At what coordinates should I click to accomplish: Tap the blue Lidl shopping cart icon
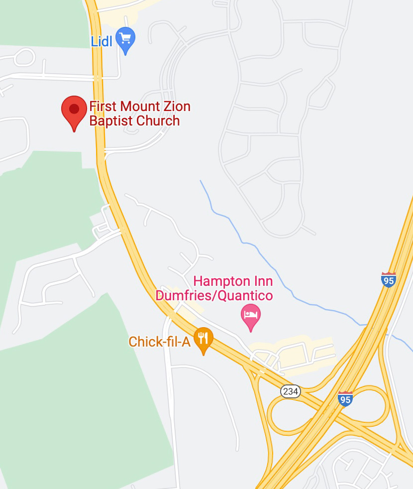click(125, 39)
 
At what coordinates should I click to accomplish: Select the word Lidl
click(102, 41)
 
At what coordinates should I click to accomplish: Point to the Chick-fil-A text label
click(159, 342)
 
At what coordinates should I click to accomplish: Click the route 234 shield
click(291, 391)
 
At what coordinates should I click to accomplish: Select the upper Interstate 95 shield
click(389, 280)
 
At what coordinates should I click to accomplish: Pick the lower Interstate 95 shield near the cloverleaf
click(345, 399)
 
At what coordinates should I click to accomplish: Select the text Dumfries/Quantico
click(214, 296)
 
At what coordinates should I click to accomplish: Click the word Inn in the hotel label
click(261, 281)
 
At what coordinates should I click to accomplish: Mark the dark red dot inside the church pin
click(74, 109)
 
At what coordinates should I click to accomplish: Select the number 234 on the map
click(291, 391)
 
